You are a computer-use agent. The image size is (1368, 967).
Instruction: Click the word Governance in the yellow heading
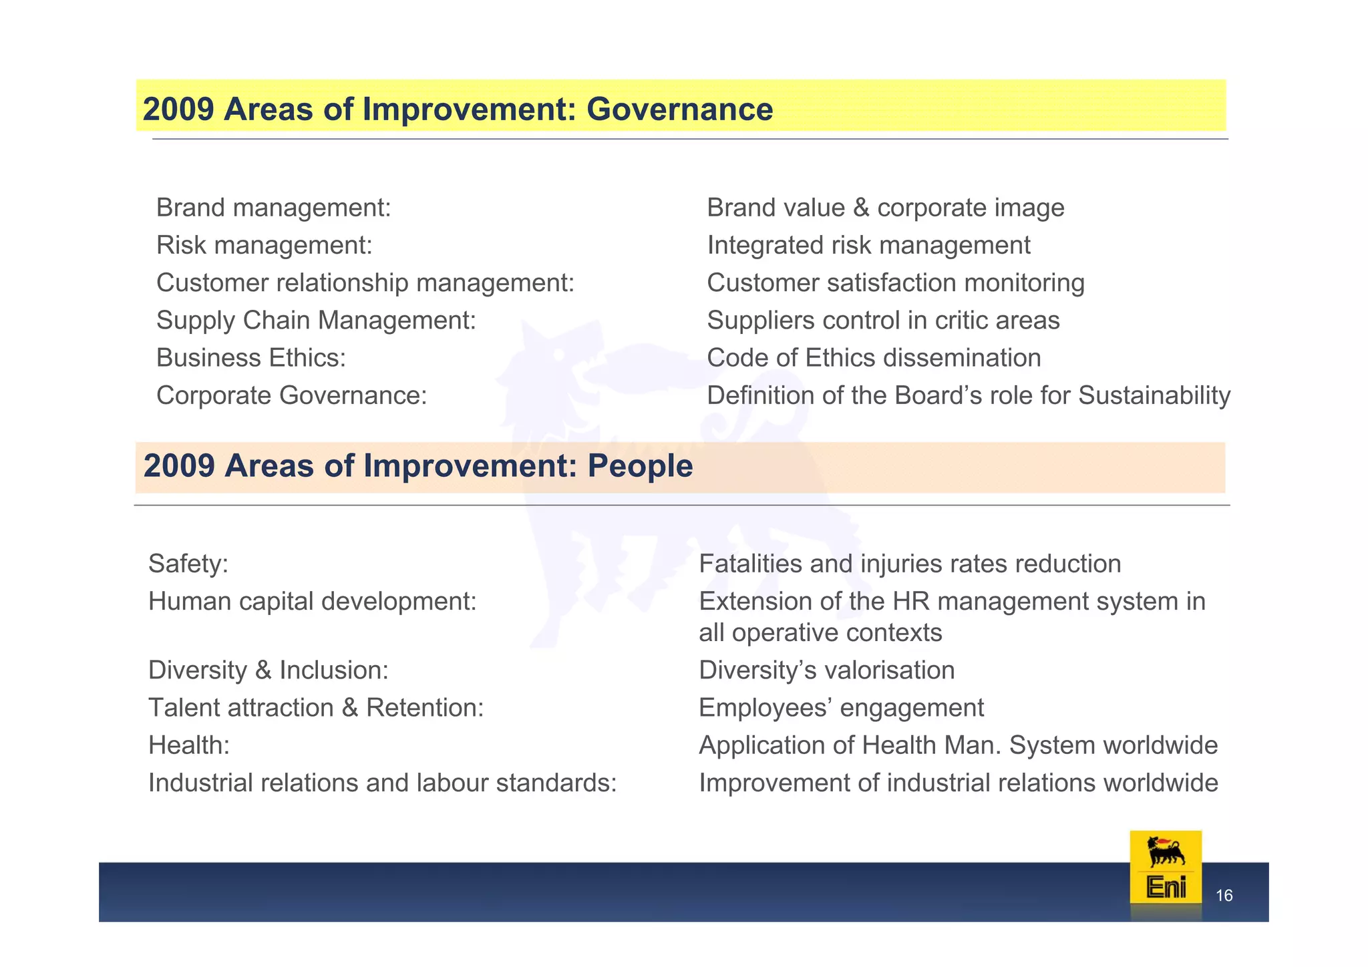pos(679,110)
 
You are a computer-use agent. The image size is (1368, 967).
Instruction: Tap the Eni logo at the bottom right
pos(1165,868)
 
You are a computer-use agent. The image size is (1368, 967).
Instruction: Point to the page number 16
pos(1224,896)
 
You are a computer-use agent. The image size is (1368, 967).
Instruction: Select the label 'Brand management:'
pos(273,208)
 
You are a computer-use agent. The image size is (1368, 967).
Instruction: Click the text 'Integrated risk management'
pos(868,246)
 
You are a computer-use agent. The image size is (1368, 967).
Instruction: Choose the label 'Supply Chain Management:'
pos(316,321)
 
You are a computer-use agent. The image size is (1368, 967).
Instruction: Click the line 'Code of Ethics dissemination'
pos(874,358)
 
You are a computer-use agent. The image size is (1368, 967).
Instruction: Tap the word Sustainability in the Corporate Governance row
pos(1154,395)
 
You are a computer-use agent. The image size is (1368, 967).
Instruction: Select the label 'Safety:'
pos(188,564)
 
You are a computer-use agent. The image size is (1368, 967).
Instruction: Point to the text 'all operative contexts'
pos(820,632)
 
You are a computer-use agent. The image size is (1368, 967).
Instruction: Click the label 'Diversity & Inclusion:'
pos(269,670)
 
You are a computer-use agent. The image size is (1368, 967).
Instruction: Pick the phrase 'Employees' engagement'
pos(841,708)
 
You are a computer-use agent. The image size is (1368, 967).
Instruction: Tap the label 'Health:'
pos(189,745)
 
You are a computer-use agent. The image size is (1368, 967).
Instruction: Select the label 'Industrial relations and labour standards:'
pos(382,783)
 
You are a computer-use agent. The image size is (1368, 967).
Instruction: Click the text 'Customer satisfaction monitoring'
pos(895,283)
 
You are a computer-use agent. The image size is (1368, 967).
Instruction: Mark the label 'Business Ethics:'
pos(251,358)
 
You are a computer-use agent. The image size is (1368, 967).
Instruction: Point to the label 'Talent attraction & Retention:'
pos(316,708)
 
